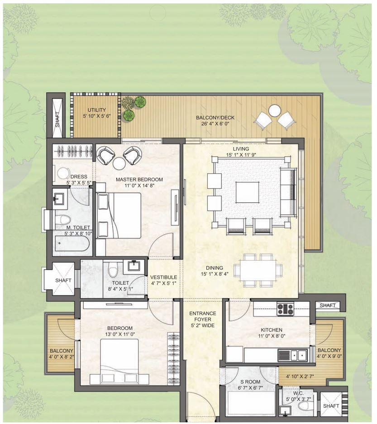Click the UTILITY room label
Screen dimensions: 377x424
96,110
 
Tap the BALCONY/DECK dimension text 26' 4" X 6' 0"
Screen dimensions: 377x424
215,124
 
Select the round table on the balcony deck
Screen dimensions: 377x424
275,110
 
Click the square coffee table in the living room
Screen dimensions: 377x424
248,192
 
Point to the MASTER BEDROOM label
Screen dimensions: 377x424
139,180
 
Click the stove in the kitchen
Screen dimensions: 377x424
285,309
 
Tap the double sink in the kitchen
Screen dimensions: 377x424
293,354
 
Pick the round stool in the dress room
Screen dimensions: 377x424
63,174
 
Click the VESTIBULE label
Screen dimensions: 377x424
164,277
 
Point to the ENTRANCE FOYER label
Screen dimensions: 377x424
203,316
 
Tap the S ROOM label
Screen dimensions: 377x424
250,382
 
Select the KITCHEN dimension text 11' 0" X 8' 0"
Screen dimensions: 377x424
272,336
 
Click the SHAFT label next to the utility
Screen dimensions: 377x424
57,119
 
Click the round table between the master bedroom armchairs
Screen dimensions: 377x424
119,163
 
